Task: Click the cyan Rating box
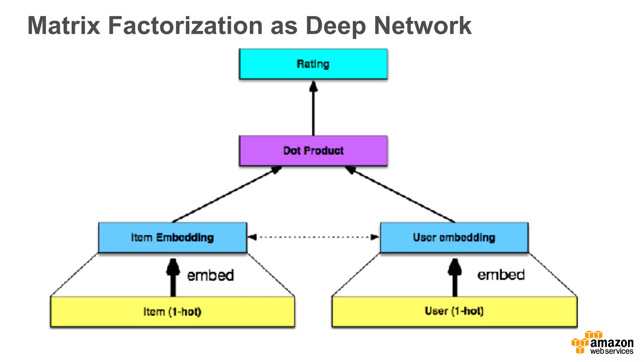click(x=313, y=64)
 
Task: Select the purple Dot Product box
click(x=313, y=151)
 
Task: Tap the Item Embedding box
click(x=172, y=237)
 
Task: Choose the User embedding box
click(x=454, y=237)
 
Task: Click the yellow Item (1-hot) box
click(x=172, y=312)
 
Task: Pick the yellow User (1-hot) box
click(x=454, y=311)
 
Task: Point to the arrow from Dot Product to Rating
click(x=313, y=108)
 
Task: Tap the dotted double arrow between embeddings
click(x=313, y=237)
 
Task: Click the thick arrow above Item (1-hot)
click(x=173, y=278)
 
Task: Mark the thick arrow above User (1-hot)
click(x=455, y=278)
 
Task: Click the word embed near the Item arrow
click(x=210, y=275)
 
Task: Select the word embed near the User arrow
click(x=501, y=275)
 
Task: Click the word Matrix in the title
click(x=64, y=26)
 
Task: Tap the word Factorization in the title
click(x=186, y=26)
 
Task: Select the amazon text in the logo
click(x=612, y=343)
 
